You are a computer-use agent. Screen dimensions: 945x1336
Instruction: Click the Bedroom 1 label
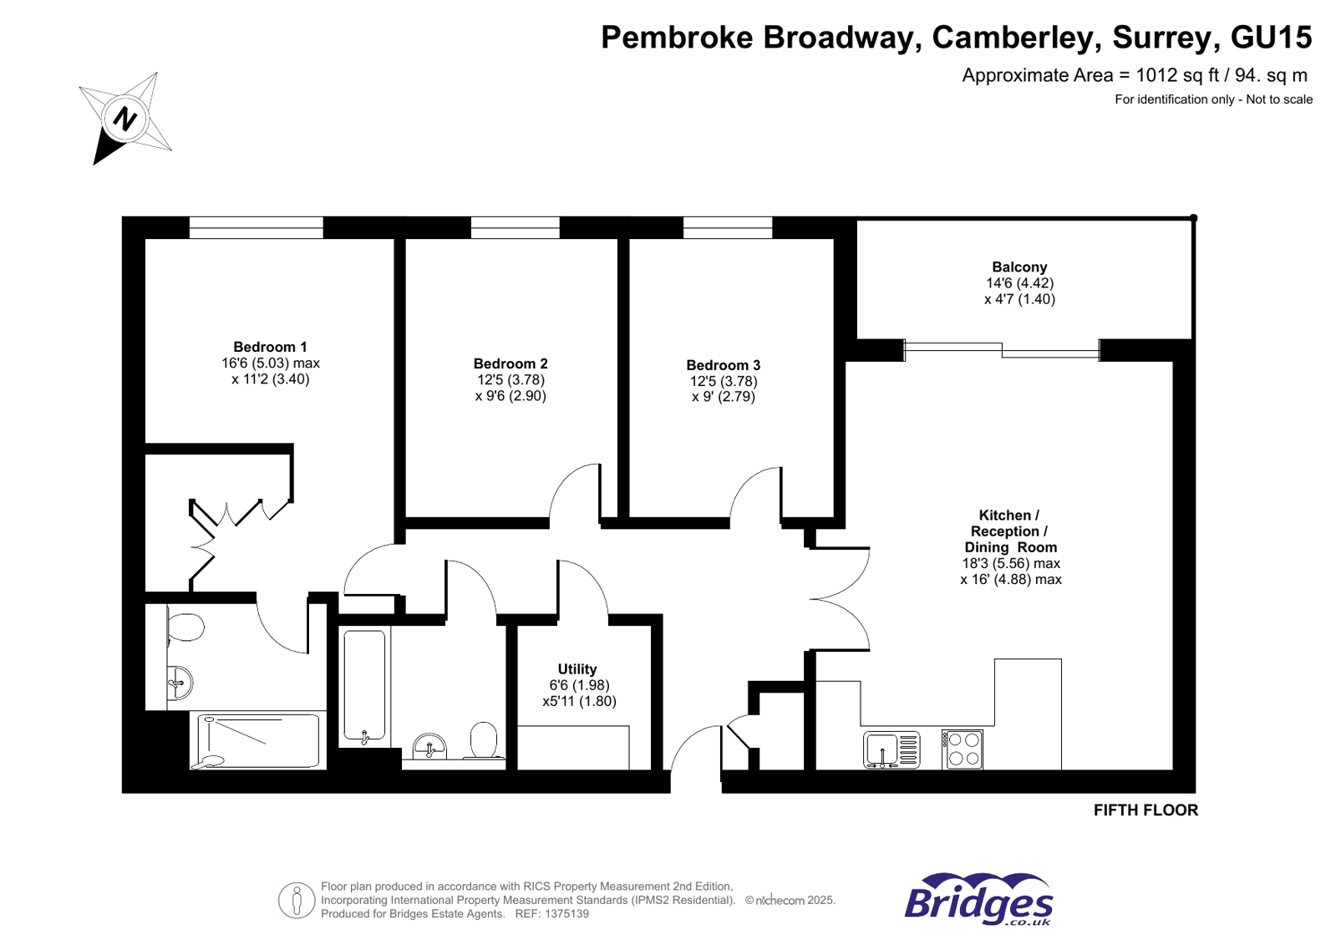coord(270,347)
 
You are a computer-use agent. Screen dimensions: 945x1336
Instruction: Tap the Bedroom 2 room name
coord(511,363)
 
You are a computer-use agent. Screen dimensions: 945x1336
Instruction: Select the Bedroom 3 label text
coord(723,365)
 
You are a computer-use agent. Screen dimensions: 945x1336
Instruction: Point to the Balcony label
coord(1019,267)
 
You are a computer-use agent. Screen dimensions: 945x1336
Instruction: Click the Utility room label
coord(577,669)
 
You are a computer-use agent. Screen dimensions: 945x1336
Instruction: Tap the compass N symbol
coord(125,118)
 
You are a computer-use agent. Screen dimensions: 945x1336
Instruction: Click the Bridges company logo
coord(978,900)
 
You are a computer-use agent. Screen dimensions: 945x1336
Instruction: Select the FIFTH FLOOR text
coord(1146,810)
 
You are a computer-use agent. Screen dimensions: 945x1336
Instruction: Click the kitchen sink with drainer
coord(891,749)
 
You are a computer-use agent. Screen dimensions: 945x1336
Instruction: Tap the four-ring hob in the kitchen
coord(963,749)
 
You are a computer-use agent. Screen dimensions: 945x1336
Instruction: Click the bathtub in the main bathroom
coord(364,686)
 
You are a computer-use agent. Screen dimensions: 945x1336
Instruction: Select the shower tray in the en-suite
coord(258,740)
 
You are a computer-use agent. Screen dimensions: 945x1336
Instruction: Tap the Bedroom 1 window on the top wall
coord(256,227)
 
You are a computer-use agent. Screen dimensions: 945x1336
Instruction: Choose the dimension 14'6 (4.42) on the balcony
coord(1019,283)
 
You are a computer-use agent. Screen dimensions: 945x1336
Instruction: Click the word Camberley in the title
coord(1012,38)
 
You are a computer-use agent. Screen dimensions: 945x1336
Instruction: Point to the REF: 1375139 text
coord(551,914)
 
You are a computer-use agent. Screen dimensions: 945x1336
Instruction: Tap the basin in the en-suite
coord(180,683)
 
